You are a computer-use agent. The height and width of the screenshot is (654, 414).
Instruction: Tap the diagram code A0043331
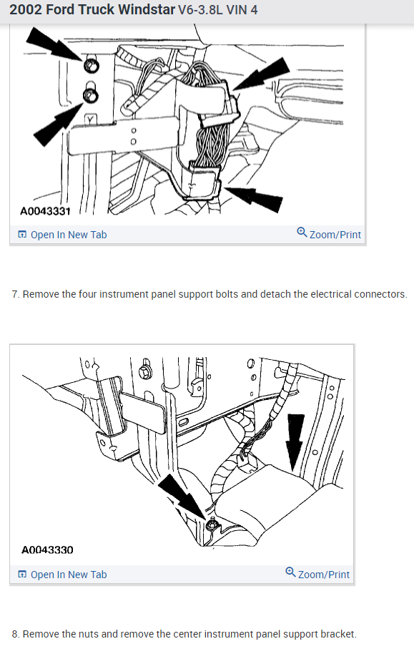point(45,211)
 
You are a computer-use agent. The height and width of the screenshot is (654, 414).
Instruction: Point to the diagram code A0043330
point(47,550)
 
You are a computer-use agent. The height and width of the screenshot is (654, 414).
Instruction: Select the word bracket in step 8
point(335,634)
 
